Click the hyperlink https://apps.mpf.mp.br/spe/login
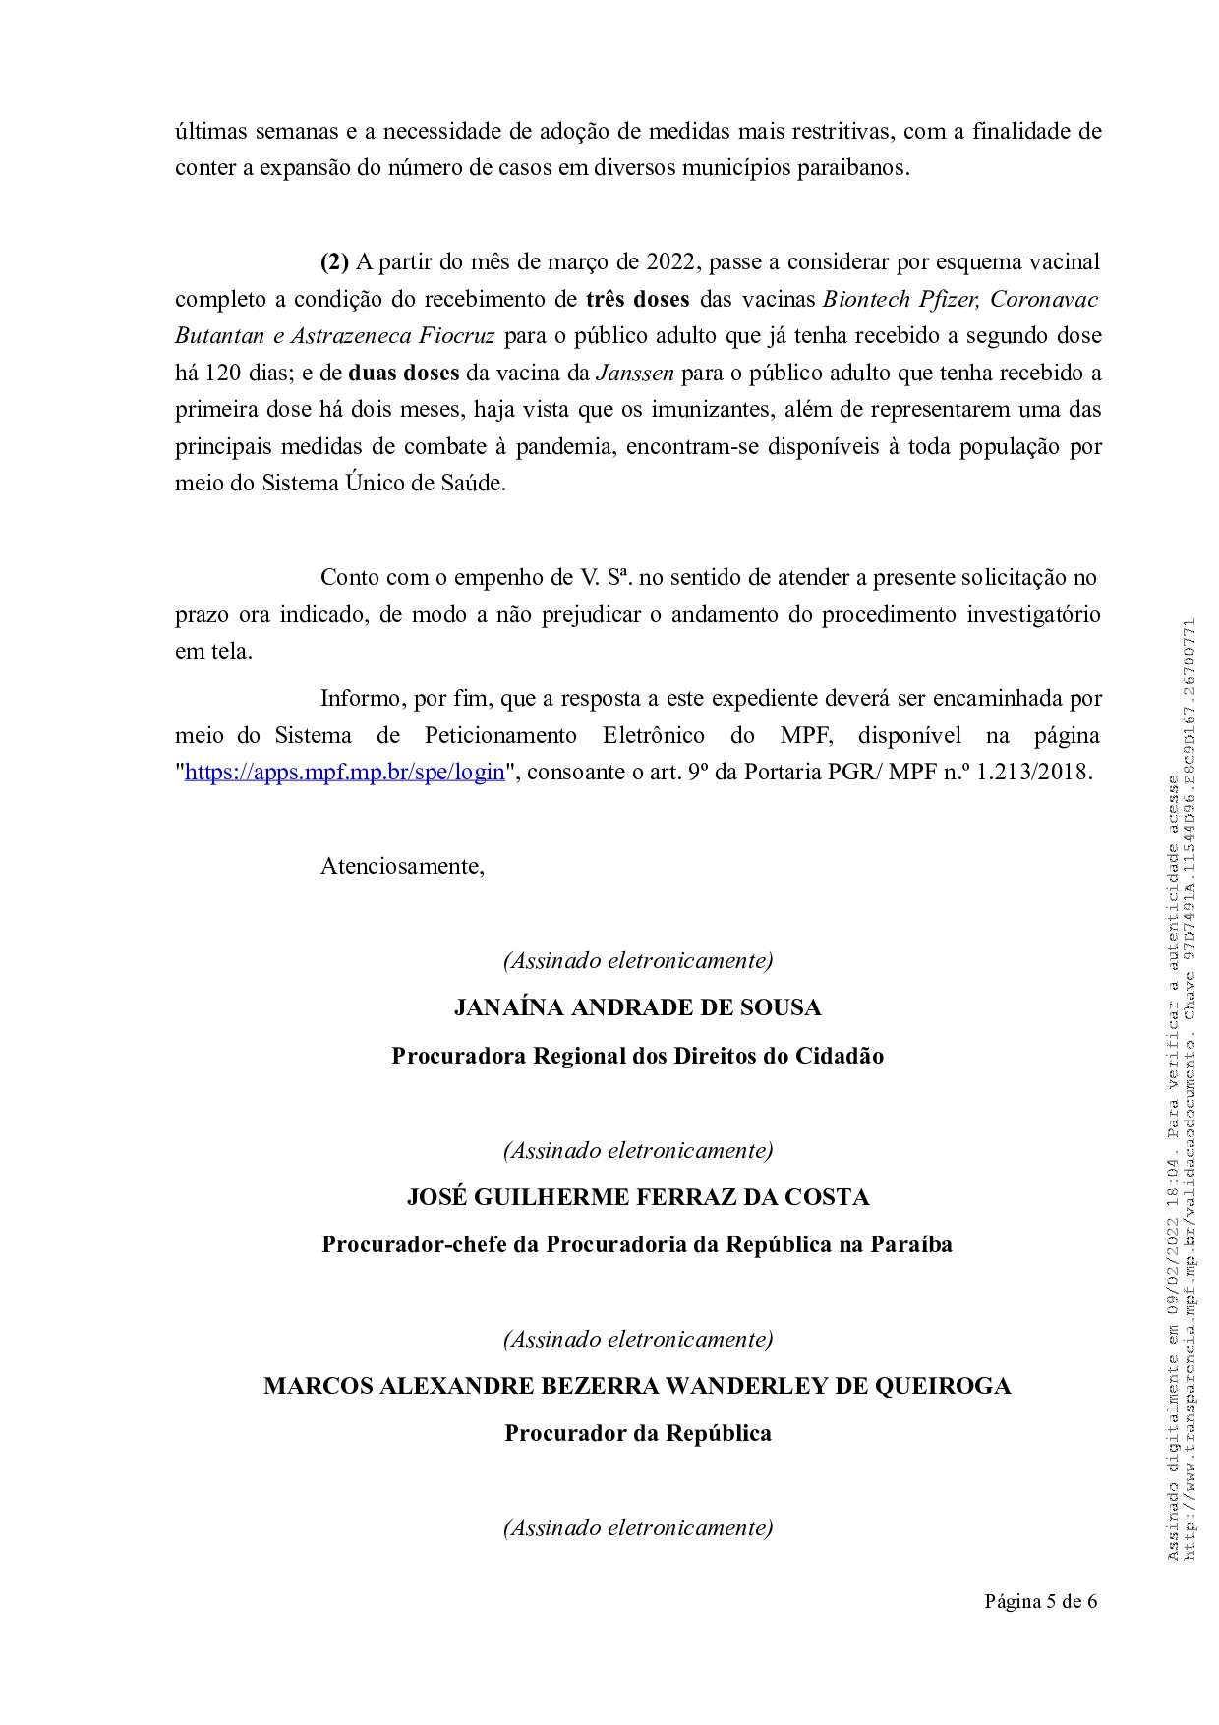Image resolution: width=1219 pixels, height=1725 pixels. tap(344, 772)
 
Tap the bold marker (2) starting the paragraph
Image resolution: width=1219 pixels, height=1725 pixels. tap(335, 262)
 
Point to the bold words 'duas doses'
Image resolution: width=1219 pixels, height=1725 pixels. tap(404, 374)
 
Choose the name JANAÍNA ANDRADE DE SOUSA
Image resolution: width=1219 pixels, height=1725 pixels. tap(637, 1008)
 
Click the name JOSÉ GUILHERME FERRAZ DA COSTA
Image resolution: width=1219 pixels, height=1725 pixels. tap(637, 1197)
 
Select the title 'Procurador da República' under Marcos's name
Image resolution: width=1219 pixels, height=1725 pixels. tap(637, 1433)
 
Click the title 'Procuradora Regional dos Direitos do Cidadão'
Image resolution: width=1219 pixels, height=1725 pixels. tap(637, 1056)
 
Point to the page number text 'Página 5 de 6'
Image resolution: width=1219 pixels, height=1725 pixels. tap(1041, 1602)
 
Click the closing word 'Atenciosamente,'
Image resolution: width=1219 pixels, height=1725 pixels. tap(402, 867)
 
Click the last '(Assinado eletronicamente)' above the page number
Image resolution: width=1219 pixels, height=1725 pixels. tap(637, 1527)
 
